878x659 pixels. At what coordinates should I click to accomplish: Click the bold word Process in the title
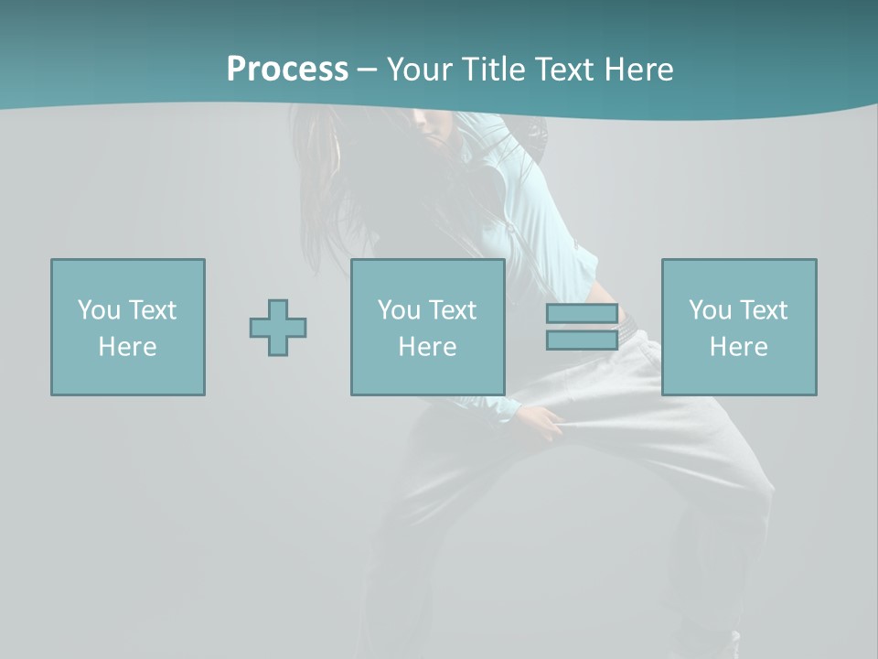287,70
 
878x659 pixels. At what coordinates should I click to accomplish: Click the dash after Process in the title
367,70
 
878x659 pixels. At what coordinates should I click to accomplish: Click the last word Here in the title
637,70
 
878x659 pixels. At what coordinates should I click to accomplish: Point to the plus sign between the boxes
278,328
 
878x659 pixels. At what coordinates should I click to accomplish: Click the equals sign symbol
582,327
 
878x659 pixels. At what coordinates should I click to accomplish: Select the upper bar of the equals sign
582,314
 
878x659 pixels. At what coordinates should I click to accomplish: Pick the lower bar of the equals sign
582,340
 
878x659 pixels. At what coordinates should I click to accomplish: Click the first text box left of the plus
128,327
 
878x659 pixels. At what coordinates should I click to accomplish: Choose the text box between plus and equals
428,327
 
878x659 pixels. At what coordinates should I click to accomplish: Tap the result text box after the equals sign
739,327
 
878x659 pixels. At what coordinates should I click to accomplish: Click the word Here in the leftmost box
128,347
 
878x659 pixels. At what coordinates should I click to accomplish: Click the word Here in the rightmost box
739,347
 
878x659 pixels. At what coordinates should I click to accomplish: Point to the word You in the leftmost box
99,310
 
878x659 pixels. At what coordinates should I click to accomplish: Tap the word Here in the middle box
428,347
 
